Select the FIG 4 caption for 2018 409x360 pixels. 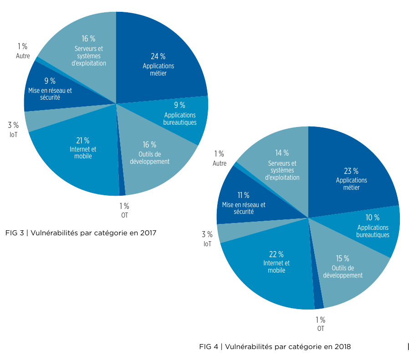(275, 347)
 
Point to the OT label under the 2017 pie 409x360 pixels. (124, 215)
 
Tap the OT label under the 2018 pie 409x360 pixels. (321, 329)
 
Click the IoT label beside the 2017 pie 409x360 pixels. (13, 135)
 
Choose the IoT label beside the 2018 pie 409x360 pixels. (207, 244)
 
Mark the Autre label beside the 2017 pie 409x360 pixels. (22, 56)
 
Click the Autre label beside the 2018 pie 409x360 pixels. (219, 163)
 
